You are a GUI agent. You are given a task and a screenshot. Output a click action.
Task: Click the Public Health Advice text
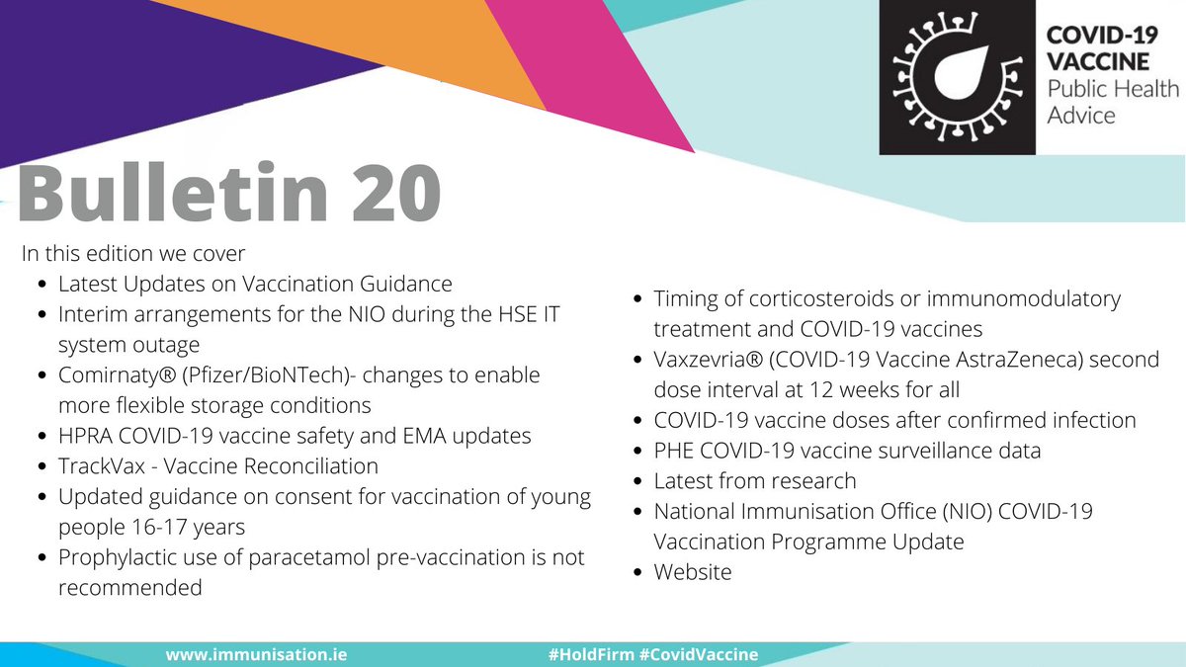1113,102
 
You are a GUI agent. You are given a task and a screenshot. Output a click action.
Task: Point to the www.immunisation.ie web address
256,654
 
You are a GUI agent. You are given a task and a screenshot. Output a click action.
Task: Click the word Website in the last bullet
693,572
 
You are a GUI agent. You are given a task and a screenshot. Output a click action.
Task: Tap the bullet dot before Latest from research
638,482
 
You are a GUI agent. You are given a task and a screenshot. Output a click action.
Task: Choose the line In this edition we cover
133,253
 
